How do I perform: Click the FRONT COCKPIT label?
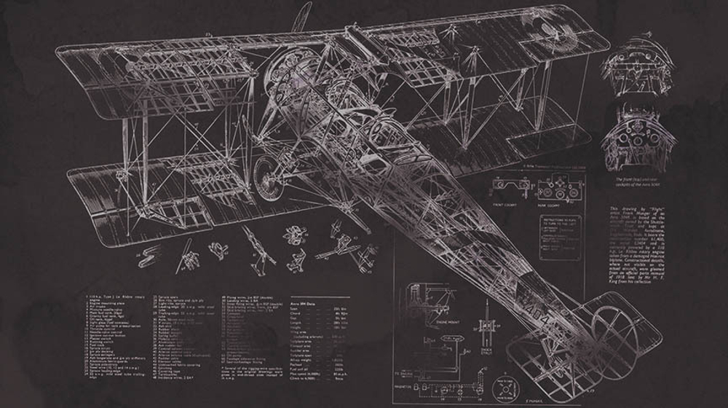505,205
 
